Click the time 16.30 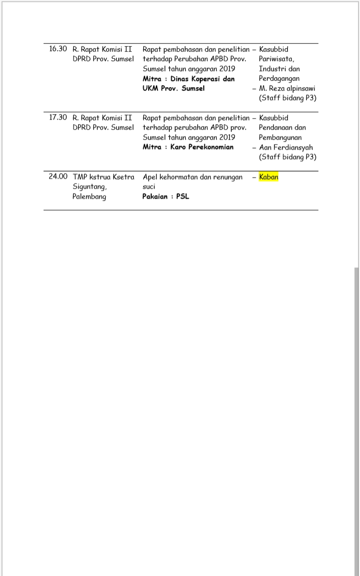pos(58,49)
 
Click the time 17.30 pos(58,118)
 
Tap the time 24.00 pos(58,177)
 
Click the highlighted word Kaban pos(269,177)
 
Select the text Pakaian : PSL pos(166,196)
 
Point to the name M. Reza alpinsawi pos(287,89)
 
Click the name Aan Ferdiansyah pos(285,148)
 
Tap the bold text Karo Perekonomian pos(202,147)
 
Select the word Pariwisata pos(276,59)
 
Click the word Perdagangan pos(279,79)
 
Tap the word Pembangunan pos(280,138)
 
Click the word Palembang pos(89,196)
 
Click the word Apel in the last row pos(150,177)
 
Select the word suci pos(149,186)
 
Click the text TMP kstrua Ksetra pos(103,177)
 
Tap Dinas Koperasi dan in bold pos(202,79)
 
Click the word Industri pos(271,69)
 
